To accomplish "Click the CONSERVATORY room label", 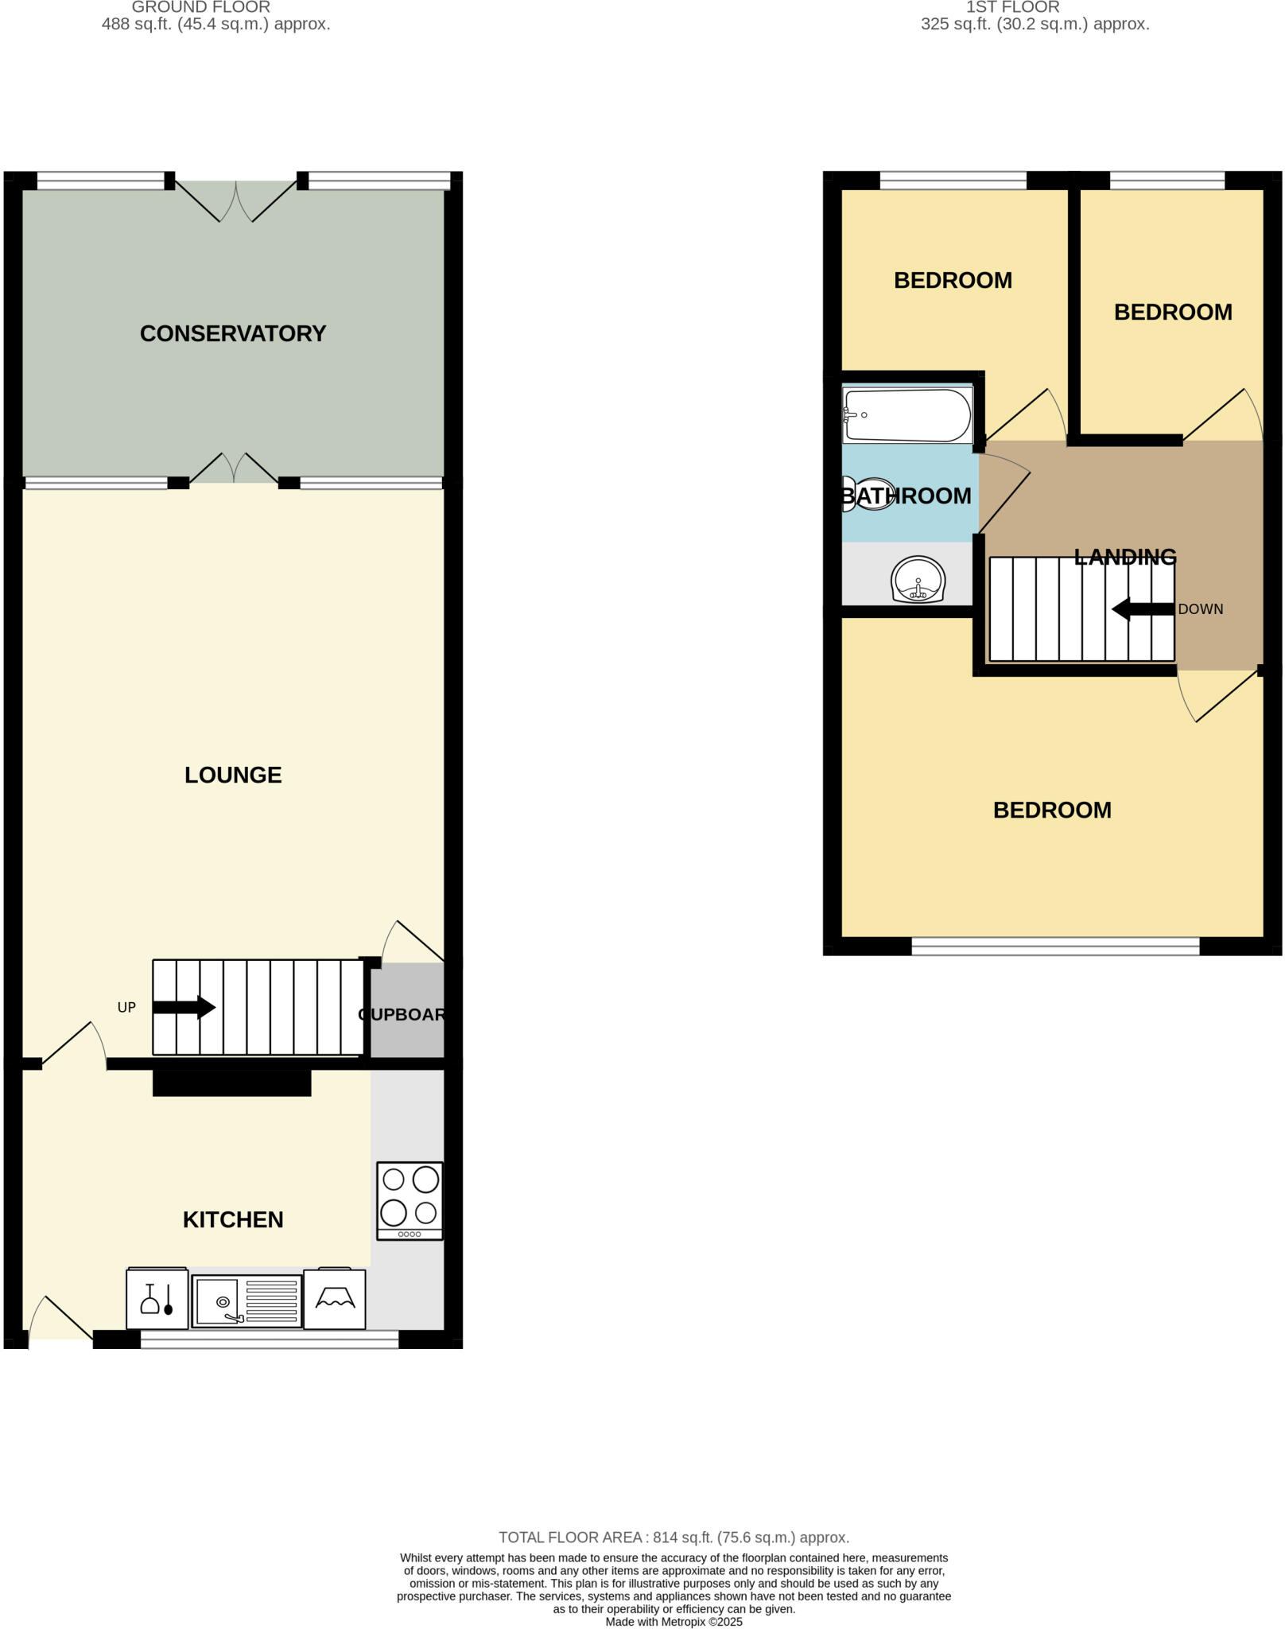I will click(233, 333).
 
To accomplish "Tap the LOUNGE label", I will click(233, 775).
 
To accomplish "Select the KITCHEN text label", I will click(233, 1219).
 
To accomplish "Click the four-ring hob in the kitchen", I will click(410, 1200).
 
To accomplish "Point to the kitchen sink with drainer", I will click(247, 1300).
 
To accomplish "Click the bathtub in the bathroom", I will click(907, 415).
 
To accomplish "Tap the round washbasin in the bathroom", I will click(918, 579).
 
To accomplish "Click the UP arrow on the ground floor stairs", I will click(184, 1007).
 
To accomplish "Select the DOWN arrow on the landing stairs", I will click(1143, 610).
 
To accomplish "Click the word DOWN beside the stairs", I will click(1200, 609).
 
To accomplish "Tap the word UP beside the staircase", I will click(126, 1007).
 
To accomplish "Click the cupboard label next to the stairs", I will click(402, 1014).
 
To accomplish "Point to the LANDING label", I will click(1124, 557).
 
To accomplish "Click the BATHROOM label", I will click(907, 496).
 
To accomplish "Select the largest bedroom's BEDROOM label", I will click(1052, 810).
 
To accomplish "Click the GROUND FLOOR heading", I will click(200, 7).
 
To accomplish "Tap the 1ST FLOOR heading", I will click(1012, 7).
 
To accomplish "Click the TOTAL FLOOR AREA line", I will click(674, 1538).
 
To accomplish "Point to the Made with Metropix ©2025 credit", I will click(674, 1622).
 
